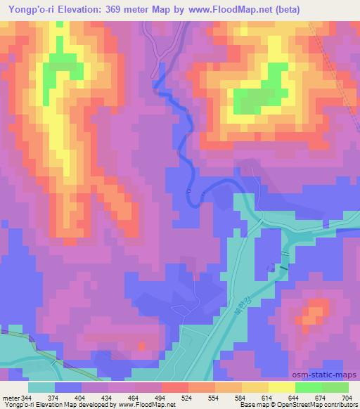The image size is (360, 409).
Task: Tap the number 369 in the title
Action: point(124,9)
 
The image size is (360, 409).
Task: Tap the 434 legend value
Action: point(108,397)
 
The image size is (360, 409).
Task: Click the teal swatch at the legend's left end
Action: point(41,387)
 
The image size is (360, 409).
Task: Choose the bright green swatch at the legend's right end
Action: point(335,387)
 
